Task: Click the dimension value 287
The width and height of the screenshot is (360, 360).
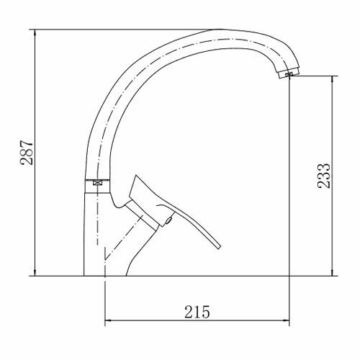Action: pos(27,153)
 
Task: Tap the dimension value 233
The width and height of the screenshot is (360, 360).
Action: pos(324,176)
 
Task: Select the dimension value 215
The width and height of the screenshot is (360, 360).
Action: pos(197,312)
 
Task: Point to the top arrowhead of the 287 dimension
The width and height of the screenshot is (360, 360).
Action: pos(35,32)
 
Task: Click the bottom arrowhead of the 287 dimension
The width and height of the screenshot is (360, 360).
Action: pos(35,273)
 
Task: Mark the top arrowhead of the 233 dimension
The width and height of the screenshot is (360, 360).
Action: pos(333,79)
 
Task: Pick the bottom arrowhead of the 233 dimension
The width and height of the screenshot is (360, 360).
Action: pos(333,273)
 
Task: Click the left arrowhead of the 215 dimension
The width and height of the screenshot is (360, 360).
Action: pos(109,320)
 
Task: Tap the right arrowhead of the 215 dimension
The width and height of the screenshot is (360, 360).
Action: pos(286,320)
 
